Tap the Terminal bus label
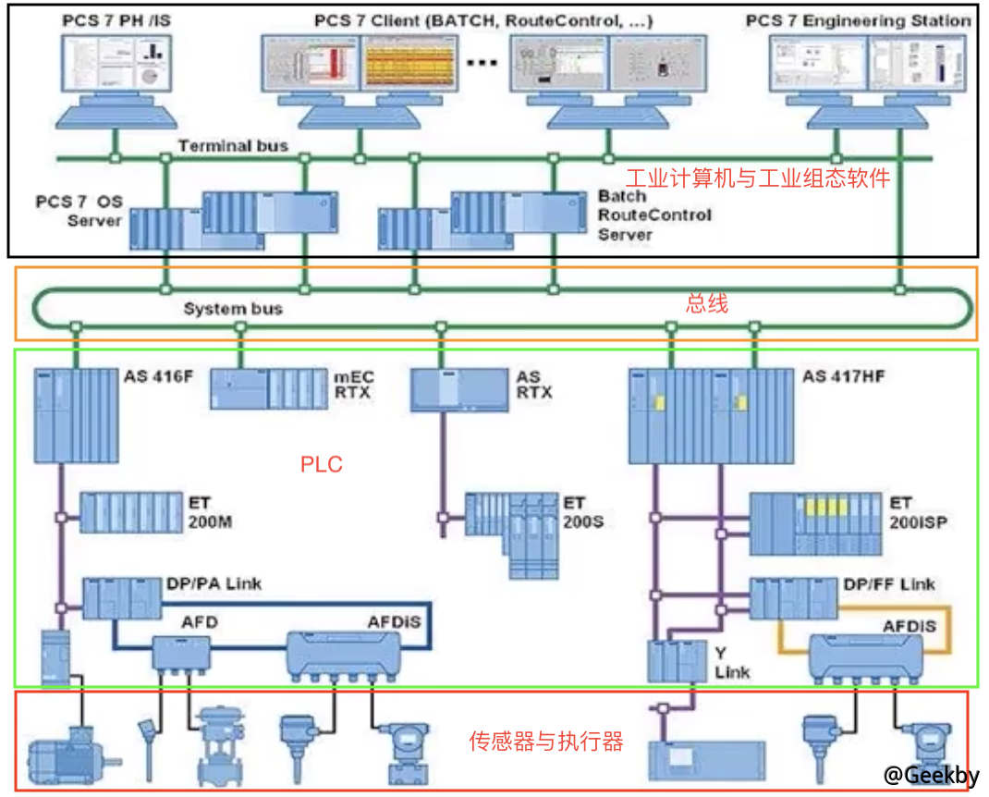coord(233,145)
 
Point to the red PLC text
coord(321,464)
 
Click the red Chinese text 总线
coord(706,303)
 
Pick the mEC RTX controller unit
coord(269,388)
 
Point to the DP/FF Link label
coord(888,584)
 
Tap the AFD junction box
coord(181,655)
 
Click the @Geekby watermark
coord(930,776)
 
